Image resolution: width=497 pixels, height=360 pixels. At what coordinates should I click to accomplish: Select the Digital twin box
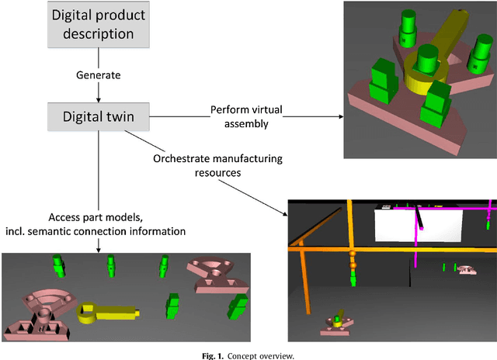pyautogui.click(x=98, y=116)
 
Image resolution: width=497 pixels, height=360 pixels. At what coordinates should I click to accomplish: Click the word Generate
pyautogui.click(x=98, y=75)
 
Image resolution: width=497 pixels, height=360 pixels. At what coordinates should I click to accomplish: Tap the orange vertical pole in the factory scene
pyautogui.click(x=351, y=248)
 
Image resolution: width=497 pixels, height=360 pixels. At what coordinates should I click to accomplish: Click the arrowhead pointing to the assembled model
pyautogui.click(x=339, y=117)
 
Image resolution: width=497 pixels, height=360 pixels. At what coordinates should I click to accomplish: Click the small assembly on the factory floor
pyautogui.click(x=338, y=324)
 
